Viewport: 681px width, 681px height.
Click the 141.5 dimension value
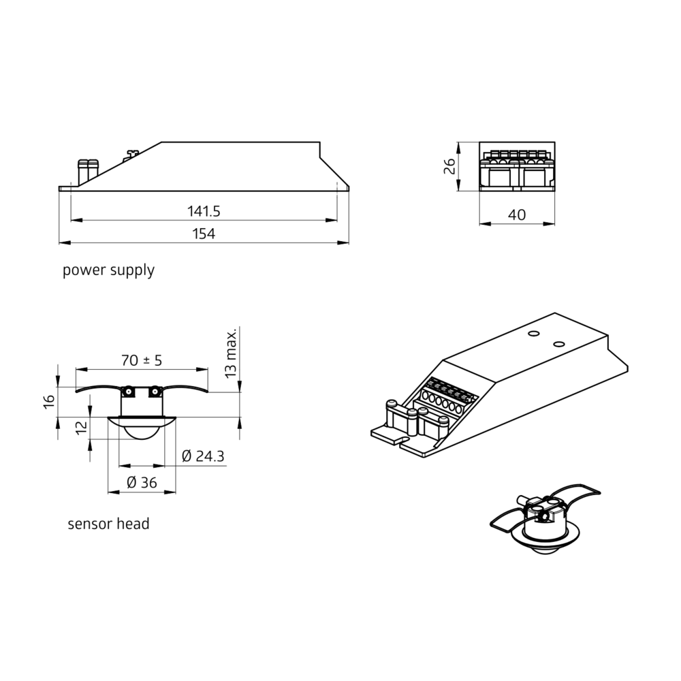[x=204, y=212]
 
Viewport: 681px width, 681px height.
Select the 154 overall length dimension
[x=204, y=234]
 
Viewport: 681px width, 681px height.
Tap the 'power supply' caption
[x=108, y=270]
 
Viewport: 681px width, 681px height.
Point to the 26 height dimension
[x=449, y=166]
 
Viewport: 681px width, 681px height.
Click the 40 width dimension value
[x=517, y=215]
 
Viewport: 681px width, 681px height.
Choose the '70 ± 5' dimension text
[x=142, y=360]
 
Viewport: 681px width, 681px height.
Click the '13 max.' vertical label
[x=231, y=353]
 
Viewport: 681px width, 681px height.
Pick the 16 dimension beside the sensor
[x=49, y=400]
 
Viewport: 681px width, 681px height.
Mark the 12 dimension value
[x=81, y=428]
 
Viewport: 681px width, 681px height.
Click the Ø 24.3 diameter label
[x=203, y=456]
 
